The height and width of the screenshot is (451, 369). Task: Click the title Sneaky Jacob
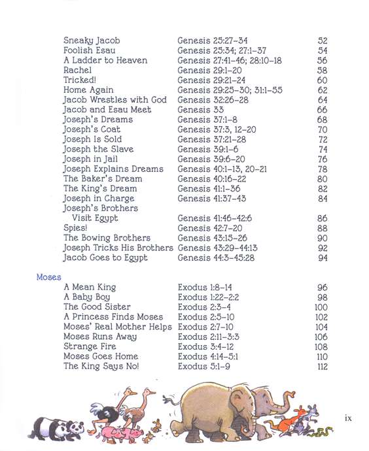tap(92, 41)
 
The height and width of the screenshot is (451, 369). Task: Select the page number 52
tap(322, 41)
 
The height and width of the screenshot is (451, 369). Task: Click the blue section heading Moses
tap(49, 277)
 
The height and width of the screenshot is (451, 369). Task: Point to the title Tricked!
tap(79, 80)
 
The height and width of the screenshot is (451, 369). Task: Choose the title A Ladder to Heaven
tap(105, 60)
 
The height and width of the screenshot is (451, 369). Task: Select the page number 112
tap(321, 366)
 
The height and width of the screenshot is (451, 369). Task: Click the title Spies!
tap(75, 228)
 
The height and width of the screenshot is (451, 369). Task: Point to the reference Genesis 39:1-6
tap(203, 149)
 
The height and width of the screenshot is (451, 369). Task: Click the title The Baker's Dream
tap(103, 178)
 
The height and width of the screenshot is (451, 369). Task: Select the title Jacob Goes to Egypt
tap(105, 258)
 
